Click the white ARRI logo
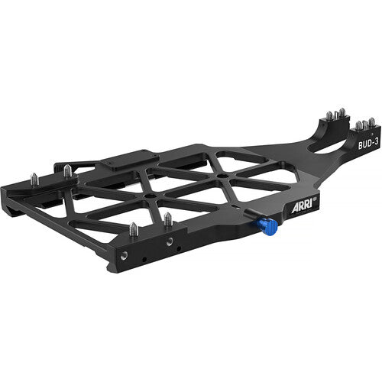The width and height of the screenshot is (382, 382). point(302,208)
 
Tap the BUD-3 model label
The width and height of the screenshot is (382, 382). point(368,144)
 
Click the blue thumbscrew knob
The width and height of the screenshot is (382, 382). point(270,227)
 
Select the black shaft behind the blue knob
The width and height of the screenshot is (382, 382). point(253,213)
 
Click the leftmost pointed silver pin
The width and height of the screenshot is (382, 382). point(34,180)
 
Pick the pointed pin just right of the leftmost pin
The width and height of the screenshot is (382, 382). point(67,171)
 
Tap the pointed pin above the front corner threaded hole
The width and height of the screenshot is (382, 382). point(134,229)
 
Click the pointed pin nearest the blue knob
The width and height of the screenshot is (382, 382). point(168,219)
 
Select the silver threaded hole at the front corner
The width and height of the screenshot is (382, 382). point(125,256)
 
